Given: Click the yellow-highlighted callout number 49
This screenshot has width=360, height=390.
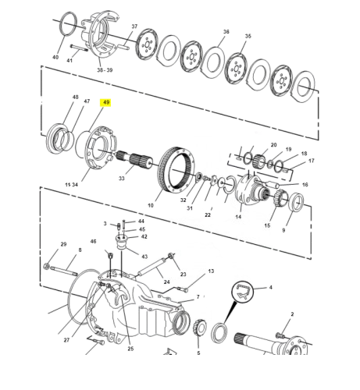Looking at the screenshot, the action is (x=106, y=103).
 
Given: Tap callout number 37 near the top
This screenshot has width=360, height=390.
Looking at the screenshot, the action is (x=134, y=27).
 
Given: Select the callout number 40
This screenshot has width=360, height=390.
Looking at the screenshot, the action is (x=55, y=57).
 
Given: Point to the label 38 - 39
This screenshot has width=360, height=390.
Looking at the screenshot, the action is (x=105, y=70).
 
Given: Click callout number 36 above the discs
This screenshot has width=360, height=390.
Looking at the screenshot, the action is (x=226, y=32).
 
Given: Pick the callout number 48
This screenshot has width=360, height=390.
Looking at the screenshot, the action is (x=75, y=97).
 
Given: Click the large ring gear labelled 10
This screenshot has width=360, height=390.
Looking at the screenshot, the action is (x=177, y=170).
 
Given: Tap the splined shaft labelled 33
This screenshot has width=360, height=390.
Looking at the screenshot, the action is (x=134, y=160).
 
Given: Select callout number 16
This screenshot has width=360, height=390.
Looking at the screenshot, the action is (x=305, y=185).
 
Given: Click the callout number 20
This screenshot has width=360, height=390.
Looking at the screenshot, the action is (x=273, y=145).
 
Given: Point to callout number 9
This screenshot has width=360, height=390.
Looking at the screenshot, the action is (x=283, y=230).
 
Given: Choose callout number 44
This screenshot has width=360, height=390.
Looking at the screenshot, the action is (x=141, y=222).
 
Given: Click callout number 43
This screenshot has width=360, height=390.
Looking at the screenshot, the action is (x=144, y=257).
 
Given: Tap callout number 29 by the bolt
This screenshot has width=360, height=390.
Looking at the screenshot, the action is (x=63, y=244).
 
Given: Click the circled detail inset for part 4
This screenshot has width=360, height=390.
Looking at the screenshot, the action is (x=242, y=292).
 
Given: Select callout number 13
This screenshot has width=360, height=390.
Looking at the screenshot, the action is (x=211, y=271).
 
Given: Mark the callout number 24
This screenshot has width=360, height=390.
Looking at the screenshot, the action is (x=166, y=282).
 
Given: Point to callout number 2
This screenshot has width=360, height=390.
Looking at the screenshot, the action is (x=292, y=314).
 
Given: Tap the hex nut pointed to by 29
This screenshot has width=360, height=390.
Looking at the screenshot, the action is (x=46, y=266).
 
